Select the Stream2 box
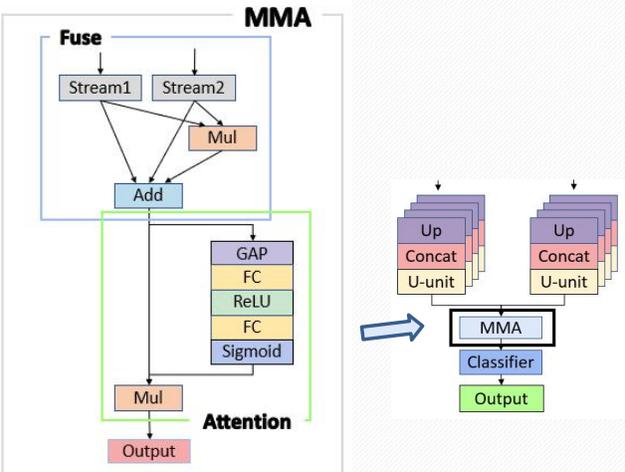194,88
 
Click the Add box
148,195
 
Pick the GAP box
251,252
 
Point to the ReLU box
251,302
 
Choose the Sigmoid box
251,351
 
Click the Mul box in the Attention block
148,398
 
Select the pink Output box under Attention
148,451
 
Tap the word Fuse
80,37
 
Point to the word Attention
247,421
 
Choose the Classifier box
502,362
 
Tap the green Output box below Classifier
502,398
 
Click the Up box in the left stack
430,232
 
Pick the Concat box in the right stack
564,257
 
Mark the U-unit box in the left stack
430,282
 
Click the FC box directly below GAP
251,277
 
